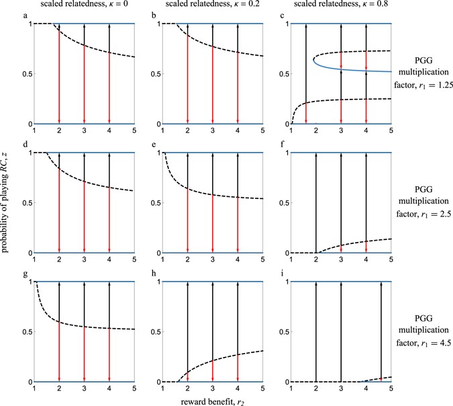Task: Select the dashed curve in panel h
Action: point(221,360)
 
